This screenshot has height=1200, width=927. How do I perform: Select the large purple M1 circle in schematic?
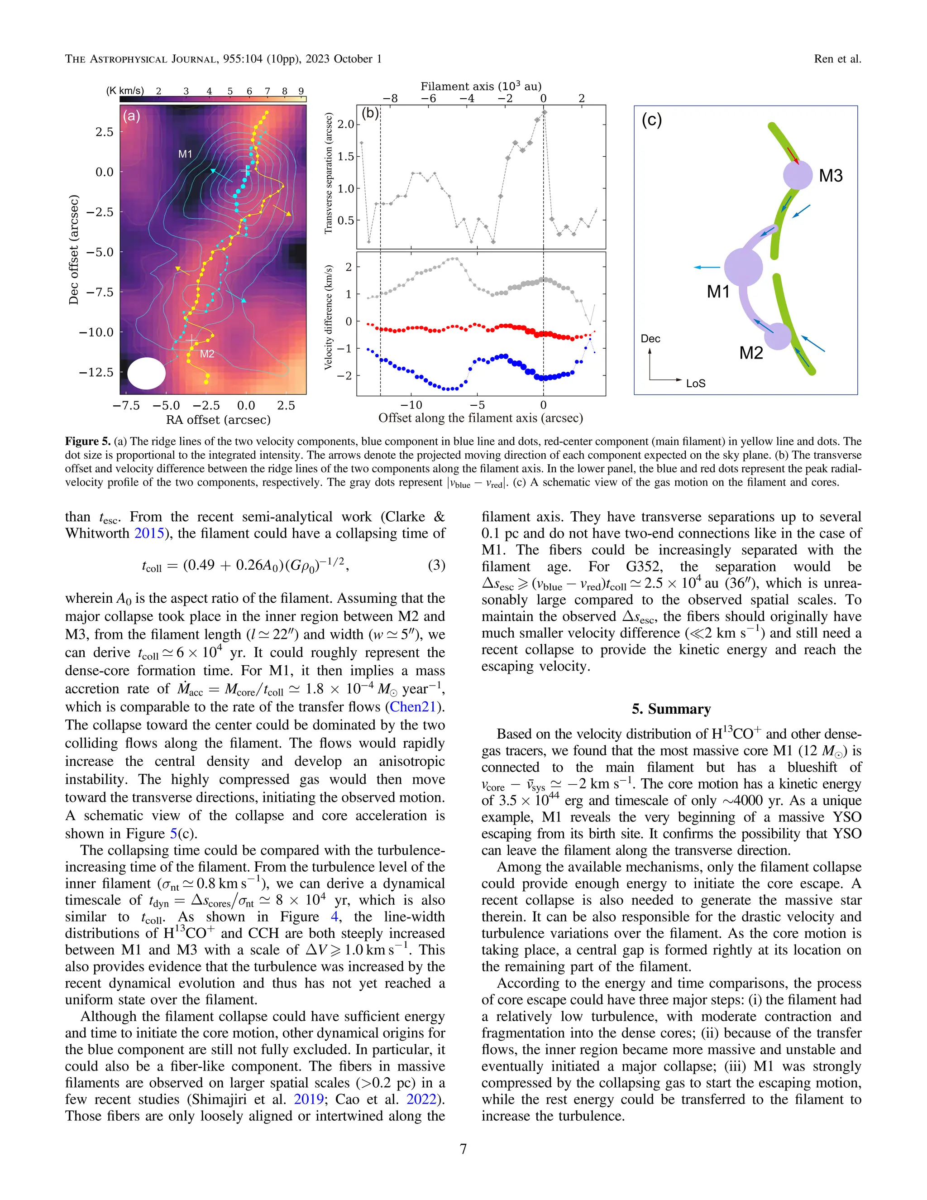tap(744, 267)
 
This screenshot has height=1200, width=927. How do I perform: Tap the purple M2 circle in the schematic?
tap(778, 336)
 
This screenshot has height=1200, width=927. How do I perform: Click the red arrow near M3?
tap(793, 155)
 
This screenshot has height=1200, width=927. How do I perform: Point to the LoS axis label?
tap(695, 384)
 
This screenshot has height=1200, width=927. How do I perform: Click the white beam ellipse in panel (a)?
tap(146, 374)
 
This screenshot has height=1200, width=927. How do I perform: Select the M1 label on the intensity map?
tap(185, 154)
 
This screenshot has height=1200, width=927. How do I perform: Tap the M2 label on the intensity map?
tap(206, 354)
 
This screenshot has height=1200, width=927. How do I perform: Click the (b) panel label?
tap(370, 114)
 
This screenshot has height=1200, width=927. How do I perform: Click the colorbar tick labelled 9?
tap(301, 91)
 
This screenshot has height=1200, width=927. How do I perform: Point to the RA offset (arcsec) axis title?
tap(218, 420)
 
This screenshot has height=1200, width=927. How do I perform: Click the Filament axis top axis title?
tap(481, 86)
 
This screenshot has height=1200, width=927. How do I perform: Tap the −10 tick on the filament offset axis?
tap(411, 405)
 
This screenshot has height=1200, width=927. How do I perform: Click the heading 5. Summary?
tap(671, 709)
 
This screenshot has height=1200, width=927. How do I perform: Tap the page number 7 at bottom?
tap(463, 1149)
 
